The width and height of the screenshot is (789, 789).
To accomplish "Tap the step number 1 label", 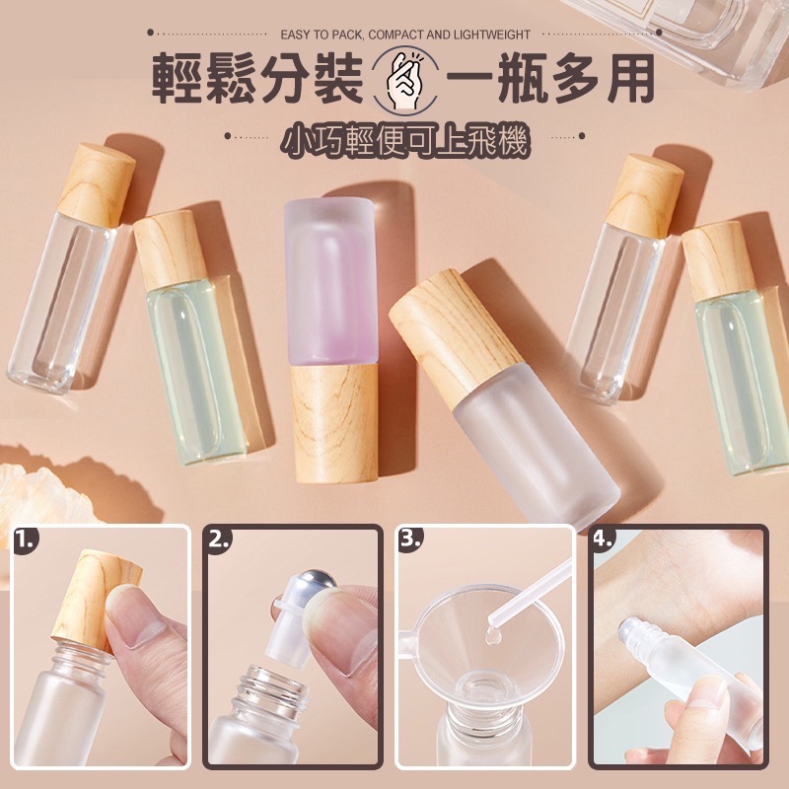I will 28,540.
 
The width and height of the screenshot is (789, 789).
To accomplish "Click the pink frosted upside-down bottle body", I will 332,281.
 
